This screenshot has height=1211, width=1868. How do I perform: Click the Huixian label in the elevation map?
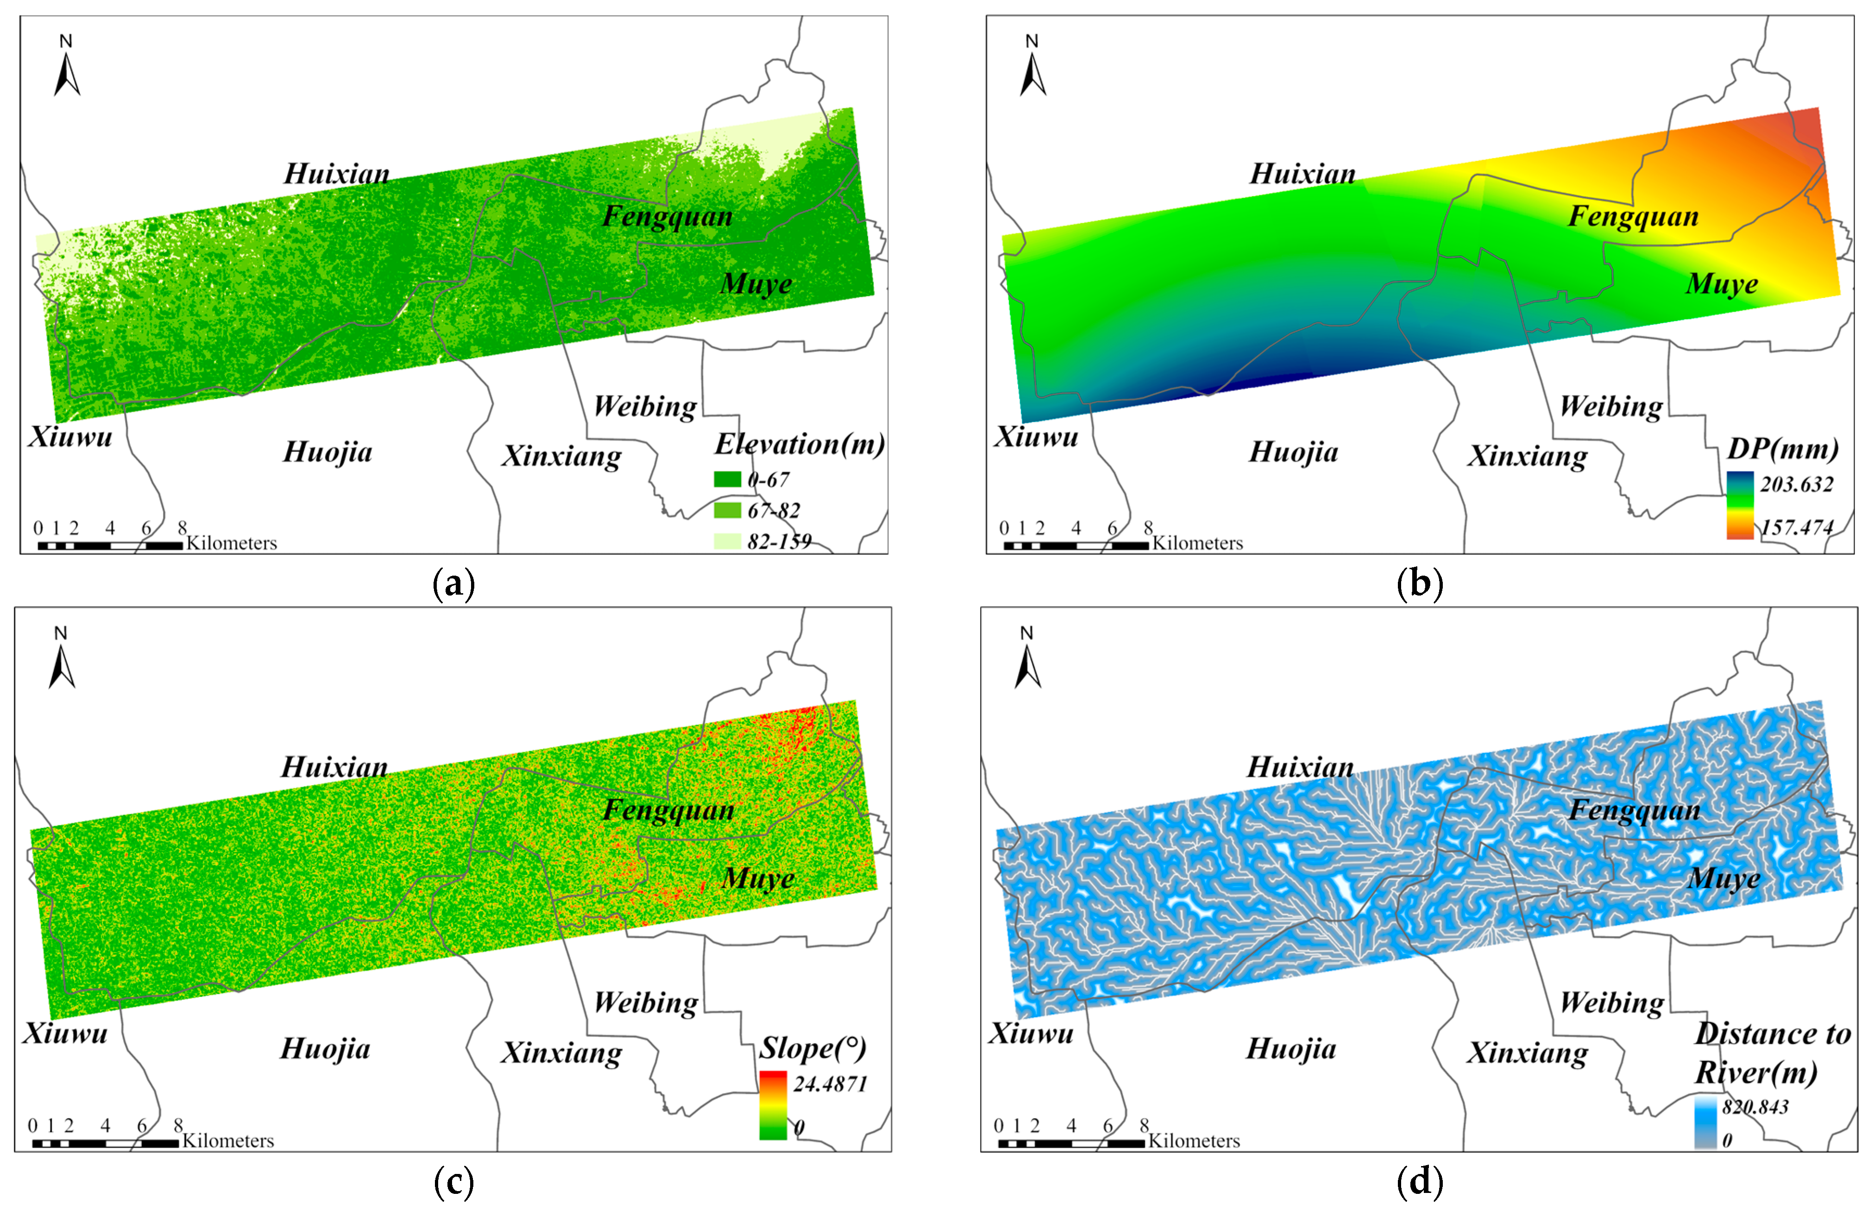(x=337, y=174)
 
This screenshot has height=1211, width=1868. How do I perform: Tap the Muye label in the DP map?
(x=1722, y=284)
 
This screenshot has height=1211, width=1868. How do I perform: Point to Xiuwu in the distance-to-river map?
(x=1031, y=1033)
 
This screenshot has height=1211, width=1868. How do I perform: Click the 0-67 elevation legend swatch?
(x=728, y=479)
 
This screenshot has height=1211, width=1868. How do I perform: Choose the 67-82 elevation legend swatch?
(x=728, y=510)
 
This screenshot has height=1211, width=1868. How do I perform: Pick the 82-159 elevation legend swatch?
(x=728, y=541)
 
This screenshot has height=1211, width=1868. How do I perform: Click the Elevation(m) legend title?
(x=799, y=444)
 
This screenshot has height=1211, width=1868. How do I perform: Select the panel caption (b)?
(x=1420, y=584)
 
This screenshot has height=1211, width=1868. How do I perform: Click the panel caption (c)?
(x=453, y=1182)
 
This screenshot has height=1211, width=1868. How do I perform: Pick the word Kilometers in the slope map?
(x=228, y=1140)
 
